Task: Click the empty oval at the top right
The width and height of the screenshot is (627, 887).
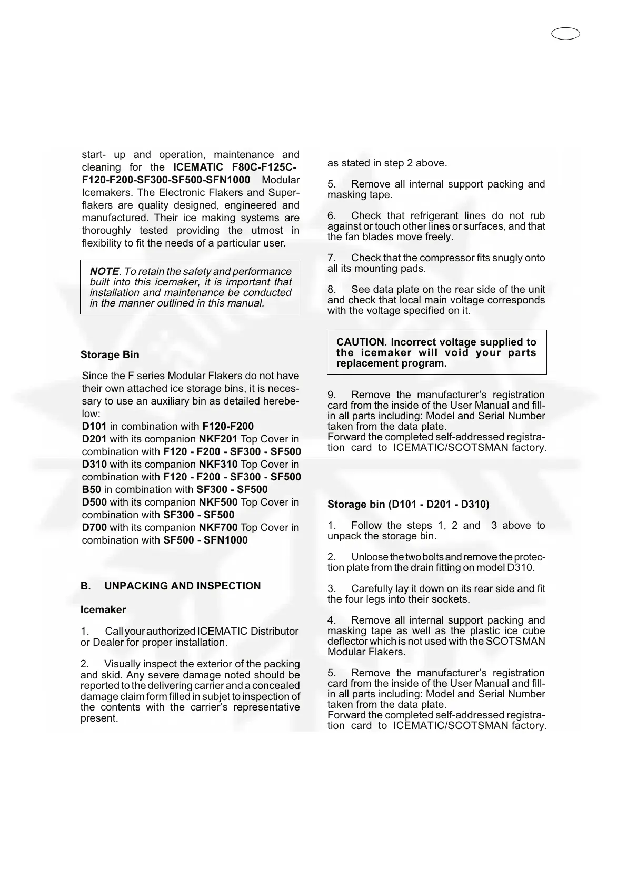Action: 566,34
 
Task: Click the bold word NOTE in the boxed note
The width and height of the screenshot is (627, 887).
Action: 104,271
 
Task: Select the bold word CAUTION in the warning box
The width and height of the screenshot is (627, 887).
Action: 360,342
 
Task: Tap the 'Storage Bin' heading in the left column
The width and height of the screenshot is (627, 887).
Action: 110,355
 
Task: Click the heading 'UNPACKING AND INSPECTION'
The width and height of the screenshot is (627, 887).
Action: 182,586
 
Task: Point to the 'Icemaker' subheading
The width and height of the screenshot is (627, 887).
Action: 103,610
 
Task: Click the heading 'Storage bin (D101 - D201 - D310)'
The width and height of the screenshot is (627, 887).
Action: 408,505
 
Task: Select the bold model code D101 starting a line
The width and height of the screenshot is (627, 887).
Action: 94,427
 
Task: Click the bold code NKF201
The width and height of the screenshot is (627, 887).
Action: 218,439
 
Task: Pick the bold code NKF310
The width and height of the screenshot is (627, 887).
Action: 218,465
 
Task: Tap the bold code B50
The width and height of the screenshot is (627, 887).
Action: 91,490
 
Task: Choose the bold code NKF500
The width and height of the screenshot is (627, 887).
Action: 218,502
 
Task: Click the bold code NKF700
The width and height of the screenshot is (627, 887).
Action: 218,528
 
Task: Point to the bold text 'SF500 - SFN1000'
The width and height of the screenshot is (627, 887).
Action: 205,540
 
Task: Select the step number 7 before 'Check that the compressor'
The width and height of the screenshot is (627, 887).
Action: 332,258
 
